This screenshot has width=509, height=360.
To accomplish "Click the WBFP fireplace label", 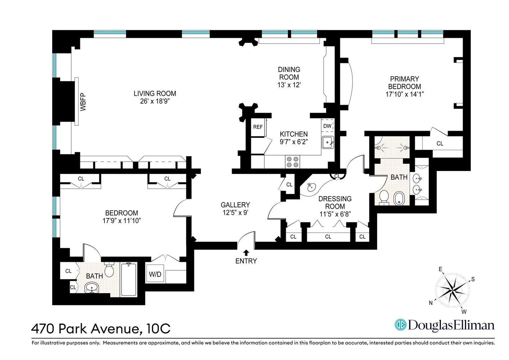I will pyautogui.click(x=83, y=102).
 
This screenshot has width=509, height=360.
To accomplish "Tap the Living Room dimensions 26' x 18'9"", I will pyautogui.click(x=155, y=101).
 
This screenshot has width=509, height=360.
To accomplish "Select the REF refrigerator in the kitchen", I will pyautogui.click(x=258, y=127).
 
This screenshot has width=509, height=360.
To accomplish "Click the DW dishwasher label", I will pyautogui.click(x=327, y=126).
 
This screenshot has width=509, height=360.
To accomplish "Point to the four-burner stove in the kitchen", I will pyautogui.click(x=292, y=162).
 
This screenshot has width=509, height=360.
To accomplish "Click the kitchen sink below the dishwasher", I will pyautogui.click(x=328, y=143).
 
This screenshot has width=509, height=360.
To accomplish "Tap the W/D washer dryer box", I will pyautogui.click(x=155, y=274).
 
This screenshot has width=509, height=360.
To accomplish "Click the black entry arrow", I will pyautogui.click(x=246, y=253).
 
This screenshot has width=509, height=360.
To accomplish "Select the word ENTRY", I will pyautogui.click(x=246, y=261).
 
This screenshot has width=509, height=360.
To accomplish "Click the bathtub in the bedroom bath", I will pyautogui.click(x=129, y=279).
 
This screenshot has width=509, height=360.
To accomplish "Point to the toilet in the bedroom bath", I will pyautogui.click(x=109, y=269).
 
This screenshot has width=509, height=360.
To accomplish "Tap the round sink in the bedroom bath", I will pyautogui.click(x=92, y=288).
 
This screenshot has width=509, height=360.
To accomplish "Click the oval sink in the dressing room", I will pyautogui.click(x=311, y=187).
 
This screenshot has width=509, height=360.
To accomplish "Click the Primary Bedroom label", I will pyautogui.click(x=404, y=83).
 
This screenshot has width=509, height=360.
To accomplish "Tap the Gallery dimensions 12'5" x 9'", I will pyautogui.click(x=235, y=213).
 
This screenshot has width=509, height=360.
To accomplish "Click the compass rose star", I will pyautogui.click(x=452, y=289).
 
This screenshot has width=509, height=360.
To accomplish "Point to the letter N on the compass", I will pyautogui.click(x=431, y=303).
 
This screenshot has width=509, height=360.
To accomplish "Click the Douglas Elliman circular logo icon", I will pyautogui.click(x=400, y=325).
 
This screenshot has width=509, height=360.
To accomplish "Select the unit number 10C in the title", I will pyautogui.click(x=158, y=329).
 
